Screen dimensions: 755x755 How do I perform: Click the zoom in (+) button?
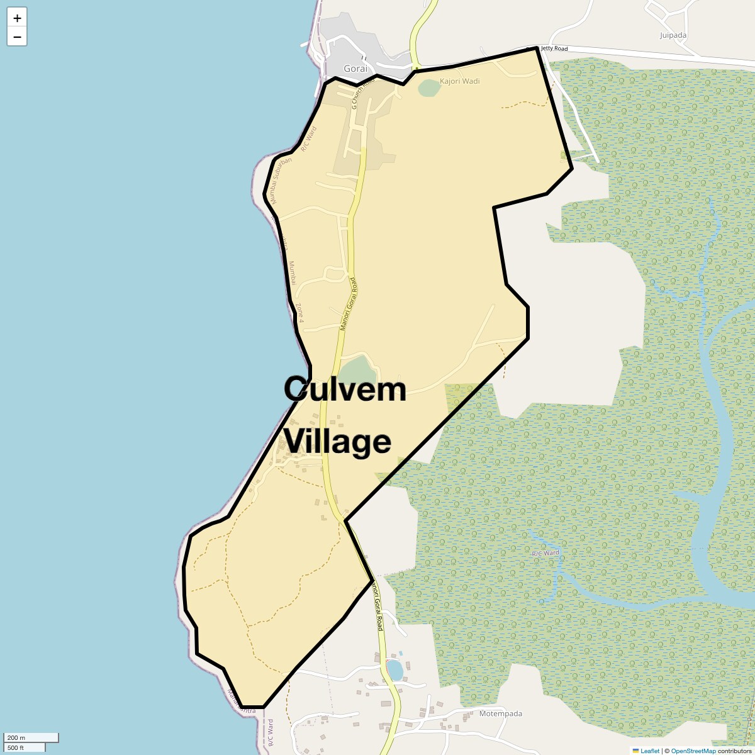point(17,18)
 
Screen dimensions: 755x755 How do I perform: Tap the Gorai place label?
point(355,69)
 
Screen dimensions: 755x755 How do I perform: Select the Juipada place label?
point(673,35)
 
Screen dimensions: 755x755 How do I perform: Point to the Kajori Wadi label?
point(459,81)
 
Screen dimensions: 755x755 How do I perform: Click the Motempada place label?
point(501,713)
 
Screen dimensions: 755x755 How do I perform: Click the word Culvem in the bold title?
point(345,389)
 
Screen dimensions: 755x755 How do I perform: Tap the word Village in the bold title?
point(338,441)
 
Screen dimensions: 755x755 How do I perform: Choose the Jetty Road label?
point(554,48)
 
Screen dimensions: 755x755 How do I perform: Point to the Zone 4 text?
point(299,313)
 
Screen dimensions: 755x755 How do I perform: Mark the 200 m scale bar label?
point(16,737)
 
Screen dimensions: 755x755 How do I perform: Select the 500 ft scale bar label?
point(16,748)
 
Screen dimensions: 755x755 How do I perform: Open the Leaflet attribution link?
point(649,751)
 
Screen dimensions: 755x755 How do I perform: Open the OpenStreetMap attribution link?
point(693,751)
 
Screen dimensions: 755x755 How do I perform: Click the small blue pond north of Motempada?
point(394,670)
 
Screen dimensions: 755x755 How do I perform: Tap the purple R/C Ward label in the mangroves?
point(545,553)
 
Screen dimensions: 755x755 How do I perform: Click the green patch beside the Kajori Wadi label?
point(428,88)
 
